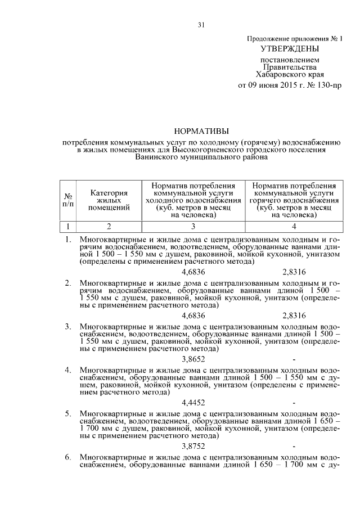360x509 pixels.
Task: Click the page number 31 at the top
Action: [x=201, y=24]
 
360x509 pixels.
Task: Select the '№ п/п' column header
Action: [x=68, y=200]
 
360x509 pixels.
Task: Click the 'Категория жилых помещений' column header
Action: [x=109, y=200]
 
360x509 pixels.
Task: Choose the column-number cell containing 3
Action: [x=193, y=227]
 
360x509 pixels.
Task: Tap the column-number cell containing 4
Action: [x=294, y=227]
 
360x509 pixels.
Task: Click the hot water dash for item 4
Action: [x=294, y=403]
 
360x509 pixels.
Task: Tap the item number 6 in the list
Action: [x=67, y=457]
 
